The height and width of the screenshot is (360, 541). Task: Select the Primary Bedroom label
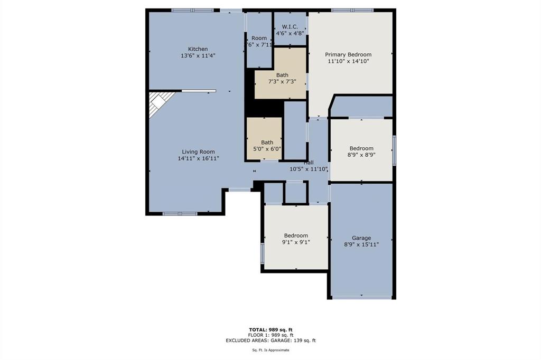coord(348,54)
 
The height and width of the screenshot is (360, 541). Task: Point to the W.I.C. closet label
coord(290,26)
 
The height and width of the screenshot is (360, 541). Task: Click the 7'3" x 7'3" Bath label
coord(282,75)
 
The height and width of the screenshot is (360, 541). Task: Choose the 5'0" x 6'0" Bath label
coord(267,142)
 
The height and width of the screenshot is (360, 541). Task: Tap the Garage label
coord(361,238)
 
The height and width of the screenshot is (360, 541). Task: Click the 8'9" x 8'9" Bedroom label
coord(361,148)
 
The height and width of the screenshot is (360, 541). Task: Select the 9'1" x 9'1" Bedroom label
coord(296,235)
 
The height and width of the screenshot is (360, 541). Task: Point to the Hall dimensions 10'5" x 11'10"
coord(309,169)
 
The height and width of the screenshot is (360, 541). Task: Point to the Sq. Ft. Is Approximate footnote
coord(270,350)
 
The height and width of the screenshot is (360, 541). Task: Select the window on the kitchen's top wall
coord(193,10)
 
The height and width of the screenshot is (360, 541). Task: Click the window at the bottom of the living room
coord(180,214)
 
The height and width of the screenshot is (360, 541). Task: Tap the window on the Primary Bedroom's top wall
coord(352,10)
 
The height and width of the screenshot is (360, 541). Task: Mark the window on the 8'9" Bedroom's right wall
coord(394,150)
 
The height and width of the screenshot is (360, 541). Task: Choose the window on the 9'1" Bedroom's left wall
coord(263,253)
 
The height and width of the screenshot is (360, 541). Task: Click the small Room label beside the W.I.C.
coord(259,38)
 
